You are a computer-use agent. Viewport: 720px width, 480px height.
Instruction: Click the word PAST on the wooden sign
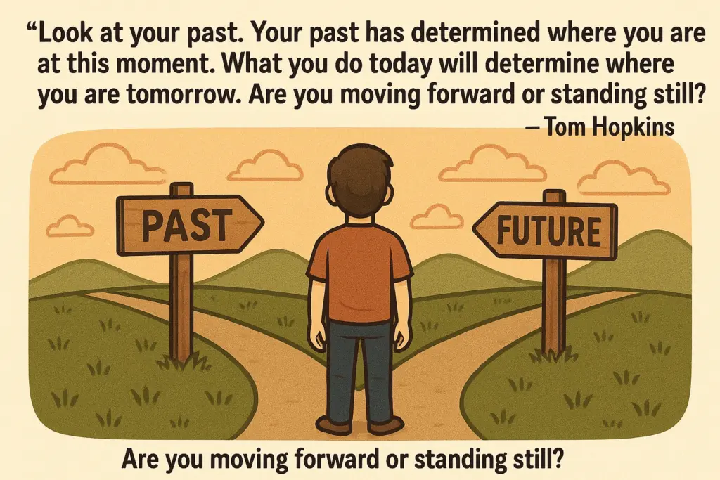[x=185, y=225]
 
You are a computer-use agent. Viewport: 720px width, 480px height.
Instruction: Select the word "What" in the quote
[x=252, y=64]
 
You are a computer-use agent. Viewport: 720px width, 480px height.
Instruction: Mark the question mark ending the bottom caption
[x=557, y=458]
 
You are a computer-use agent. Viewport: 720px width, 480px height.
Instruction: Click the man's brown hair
[x=361, y=171]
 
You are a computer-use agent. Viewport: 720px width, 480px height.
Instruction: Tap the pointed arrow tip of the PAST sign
[x=264, y=223]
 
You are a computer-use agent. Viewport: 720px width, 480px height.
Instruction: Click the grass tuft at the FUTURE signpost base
[x=553, y=355]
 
